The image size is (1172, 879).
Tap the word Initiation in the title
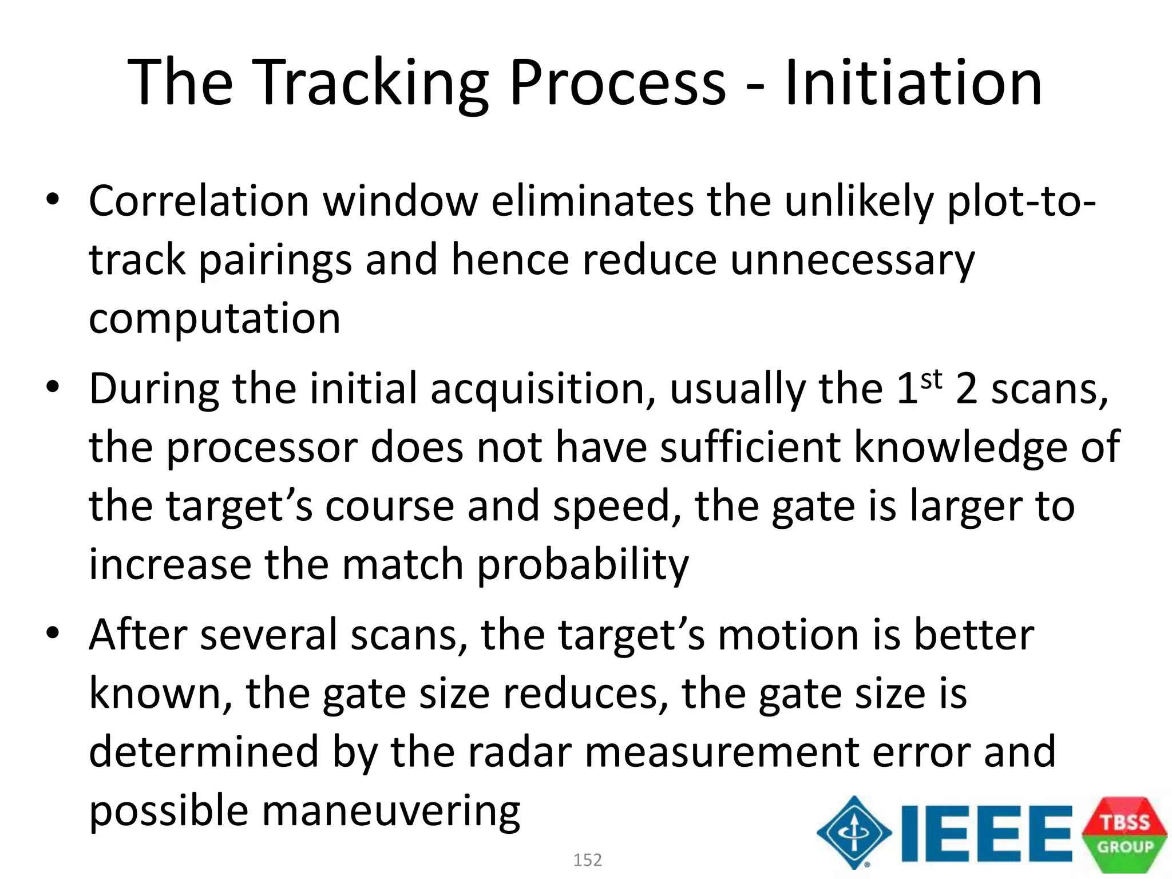913,83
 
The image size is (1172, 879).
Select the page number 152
587,860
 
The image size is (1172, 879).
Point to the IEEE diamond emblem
854,833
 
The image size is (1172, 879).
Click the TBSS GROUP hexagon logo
1124,834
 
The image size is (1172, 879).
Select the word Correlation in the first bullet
199,201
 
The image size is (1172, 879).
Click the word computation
215,318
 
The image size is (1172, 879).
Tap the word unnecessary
852,260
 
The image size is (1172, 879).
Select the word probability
583,565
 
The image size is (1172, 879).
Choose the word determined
204,752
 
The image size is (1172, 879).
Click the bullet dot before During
53,387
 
